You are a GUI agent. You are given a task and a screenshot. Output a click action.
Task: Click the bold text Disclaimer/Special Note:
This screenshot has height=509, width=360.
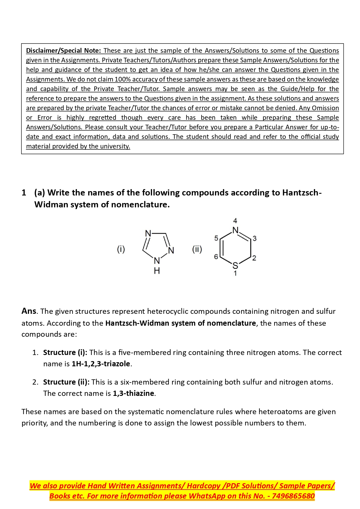coord(63,50)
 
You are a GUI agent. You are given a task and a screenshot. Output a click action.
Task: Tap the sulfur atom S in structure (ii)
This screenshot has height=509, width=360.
coord(235,265)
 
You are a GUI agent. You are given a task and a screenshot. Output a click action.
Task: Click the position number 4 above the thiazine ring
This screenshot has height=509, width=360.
coord(235,221)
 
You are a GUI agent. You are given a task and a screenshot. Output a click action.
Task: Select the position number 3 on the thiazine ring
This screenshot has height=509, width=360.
coord(254,238)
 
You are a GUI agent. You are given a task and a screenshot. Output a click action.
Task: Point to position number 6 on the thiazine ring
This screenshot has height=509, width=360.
coord(216,257)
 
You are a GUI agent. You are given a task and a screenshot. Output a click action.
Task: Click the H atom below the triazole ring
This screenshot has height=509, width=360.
coord(157,271)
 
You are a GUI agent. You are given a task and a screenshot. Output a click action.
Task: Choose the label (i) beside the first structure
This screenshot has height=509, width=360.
coord(121,249)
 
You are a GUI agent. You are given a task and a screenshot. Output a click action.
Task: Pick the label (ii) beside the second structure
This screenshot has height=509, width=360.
coord(197,249)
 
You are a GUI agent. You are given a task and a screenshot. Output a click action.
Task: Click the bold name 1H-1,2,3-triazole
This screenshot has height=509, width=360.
coord(101,364)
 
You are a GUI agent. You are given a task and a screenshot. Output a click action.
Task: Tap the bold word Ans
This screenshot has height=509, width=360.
coord(29,311)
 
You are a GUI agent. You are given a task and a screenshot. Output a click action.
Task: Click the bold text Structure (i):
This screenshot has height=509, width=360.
coord(65,352)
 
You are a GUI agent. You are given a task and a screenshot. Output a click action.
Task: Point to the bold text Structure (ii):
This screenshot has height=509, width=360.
coord(66,382)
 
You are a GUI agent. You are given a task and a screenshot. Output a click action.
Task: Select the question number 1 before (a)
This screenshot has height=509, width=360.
coord(24,193)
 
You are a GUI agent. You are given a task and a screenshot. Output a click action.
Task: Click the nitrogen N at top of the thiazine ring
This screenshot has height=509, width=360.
coord(235,231)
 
